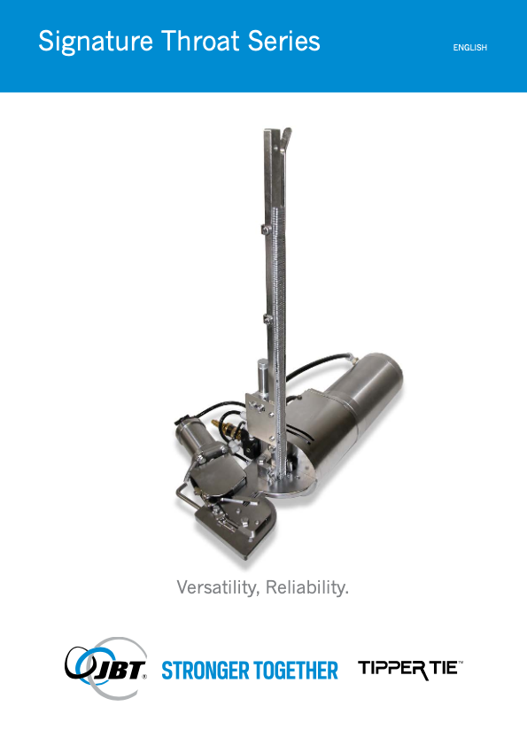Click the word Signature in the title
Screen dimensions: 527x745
point(96,42)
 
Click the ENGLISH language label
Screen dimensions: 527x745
point(470,48)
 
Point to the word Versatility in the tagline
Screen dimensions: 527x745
point(218,587)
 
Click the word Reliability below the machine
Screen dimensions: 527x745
point(307,587)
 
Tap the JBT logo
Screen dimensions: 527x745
point(106,668)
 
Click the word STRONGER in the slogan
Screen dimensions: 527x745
point(203,671)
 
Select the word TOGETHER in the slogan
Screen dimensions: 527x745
point(294,671)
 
